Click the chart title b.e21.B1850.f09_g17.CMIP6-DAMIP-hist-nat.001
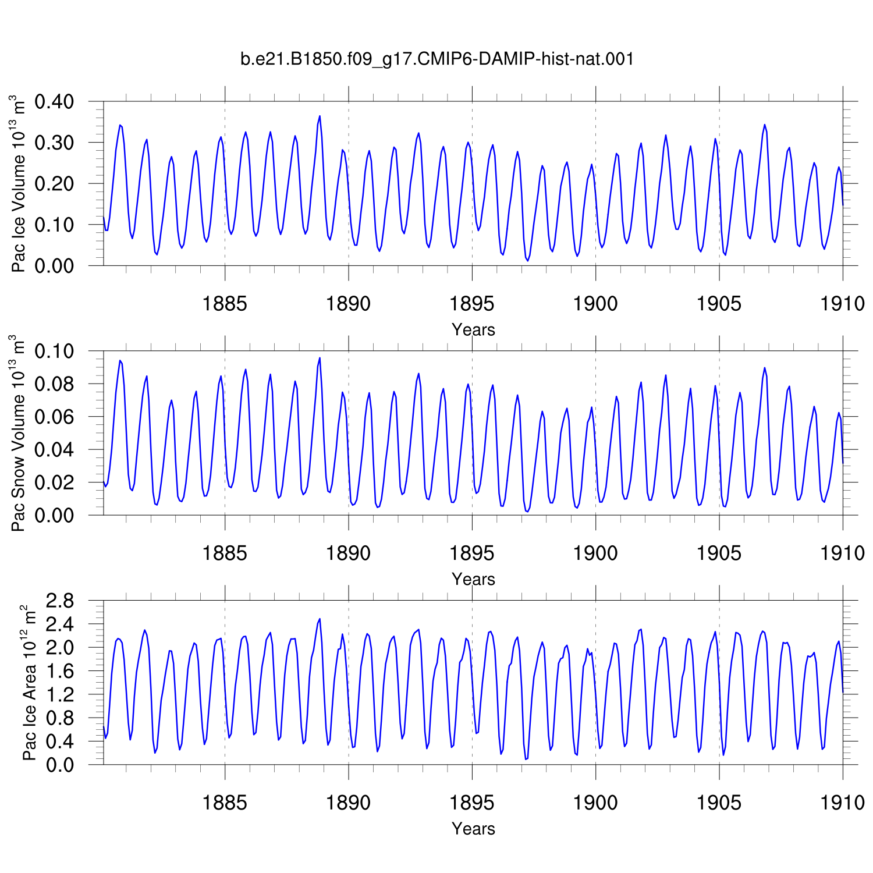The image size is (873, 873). coord(437,59)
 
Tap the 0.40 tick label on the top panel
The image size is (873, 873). coord(54,102)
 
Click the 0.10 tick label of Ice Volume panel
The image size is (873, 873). coord(54,225)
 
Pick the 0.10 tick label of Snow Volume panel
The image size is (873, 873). coord(54,352)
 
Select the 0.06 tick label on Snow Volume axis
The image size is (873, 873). coord(54,417)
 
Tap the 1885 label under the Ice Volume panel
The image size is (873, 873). coord(225,303)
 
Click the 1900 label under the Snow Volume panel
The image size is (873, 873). coord(595,553)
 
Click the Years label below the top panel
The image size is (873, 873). coord(473,330)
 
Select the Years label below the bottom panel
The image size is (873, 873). coord(473,829)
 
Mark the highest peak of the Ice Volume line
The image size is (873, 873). coord(320,116)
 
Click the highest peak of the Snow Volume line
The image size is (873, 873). coord(320,358)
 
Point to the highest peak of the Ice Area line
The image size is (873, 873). coord(320,619)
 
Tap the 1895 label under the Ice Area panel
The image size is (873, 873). coord(472,803)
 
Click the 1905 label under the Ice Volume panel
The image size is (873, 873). coord(719,303)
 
